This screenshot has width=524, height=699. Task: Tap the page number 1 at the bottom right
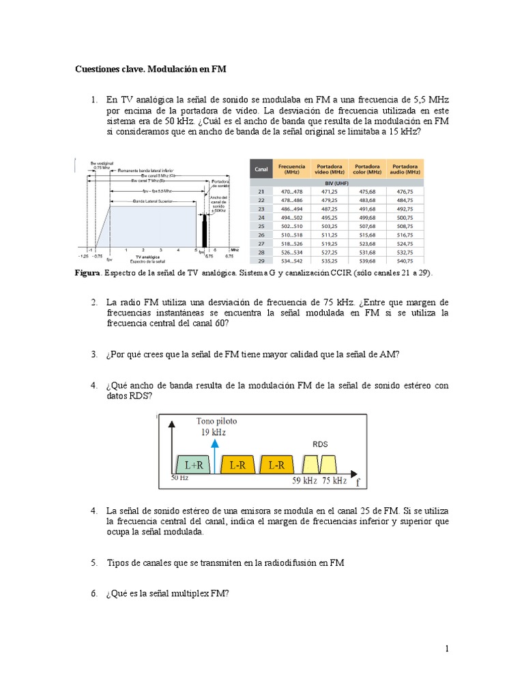(447, 649)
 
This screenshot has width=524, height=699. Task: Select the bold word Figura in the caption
(87, 273)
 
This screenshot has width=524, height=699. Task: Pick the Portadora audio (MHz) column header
(405, 169)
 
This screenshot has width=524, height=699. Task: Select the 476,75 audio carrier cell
(405, 192)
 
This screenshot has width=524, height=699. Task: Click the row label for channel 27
(260, 243)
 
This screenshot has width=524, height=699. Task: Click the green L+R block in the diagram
(193, 465)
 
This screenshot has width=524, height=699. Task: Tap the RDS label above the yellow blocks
(320, 444)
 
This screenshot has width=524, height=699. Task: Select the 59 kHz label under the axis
(306, 481)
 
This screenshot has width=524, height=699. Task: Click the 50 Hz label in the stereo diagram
(179, 479)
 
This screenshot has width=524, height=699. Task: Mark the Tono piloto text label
(217, 421)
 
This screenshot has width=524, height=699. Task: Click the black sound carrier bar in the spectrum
(203, 232)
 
